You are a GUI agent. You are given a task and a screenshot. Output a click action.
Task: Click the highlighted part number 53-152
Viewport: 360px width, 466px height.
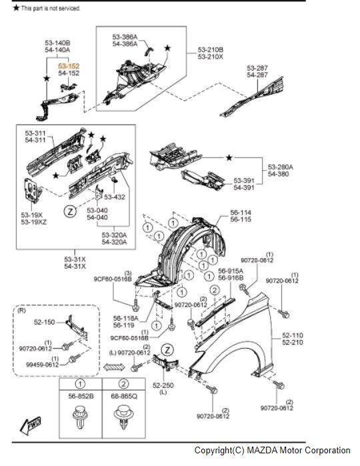tap(69, 67)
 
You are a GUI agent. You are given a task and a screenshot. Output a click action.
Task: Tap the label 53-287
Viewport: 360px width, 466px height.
tap(257, 68)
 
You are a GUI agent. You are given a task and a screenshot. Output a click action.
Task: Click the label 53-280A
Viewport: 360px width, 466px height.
tap(281, 167)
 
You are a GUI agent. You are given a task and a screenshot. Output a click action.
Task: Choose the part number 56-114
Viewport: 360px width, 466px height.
tap(241, 212)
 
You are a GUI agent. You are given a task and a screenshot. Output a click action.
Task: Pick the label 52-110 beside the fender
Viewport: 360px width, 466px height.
tap(293, 336)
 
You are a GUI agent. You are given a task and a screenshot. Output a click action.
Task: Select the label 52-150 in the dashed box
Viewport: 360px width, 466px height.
tap(43, 321)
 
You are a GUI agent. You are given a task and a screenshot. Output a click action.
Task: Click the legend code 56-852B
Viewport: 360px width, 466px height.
tap(79, 395)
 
